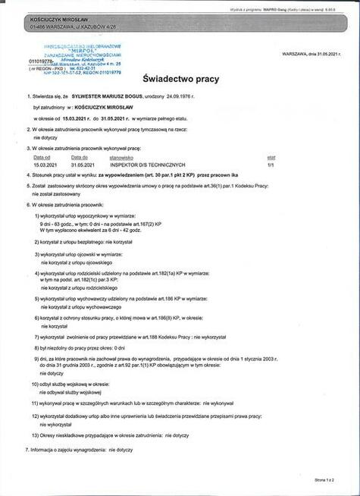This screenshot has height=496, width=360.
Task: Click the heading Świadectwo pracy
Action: [x=180, y=78]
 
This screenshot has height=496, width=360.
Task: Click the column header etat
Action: [x=271, y=157]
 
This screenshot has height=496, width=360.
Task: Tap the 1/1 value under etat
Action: [x=271, y=164]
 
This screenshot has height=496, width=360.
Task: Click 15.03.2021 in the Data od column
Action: [x=45, y=164]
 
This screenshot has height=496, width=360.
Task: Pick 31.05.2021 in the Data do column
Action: [x=82, y=164]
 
